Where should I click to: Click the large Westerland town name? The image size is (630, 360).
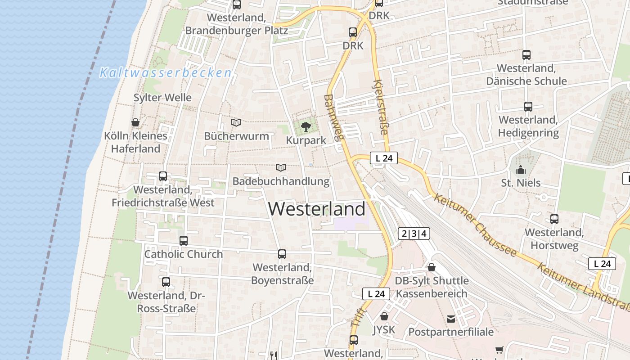(317, 209)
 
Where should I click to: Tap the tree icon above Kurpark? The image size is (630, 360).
(306, 126)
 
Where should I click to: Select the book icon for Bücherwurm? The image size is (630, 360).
(236, 122)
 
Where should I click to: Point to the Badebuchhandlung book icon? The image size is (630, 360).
(281, 167)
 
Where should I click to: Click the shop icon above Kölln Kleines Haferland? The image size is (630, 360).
(135, 122)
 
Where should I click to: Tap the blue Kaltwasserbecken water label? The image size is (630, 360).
(166, 72)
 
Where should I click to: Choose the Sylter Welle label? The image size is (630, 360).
(162, 98)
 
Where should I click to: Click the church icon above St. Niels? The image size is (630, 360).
(521, 170)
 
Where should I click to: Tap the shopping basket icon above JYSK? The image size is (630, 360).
(384, 316)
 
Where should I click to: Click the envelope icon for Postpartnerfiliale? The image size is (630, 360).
(451, 319)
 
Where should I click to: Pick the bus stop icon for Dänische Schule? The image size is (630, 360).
(526, 55)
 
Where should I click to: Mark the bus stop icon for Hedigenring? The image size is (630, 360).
(528, 107)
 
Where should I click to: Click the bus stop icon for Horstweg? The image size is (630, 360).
(554, 219)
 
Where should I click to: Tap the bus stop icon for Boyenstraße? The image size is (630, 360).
(282, 254)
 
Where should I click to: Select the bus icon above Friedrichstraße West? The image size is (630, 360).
(163, 176)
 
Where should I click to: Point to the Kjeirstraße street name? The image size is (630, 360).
(380, 107)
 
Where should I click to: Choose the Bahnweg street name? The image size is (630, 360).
(333, 118)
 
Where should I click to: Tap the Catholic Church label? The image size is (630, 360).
(184, 254)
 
